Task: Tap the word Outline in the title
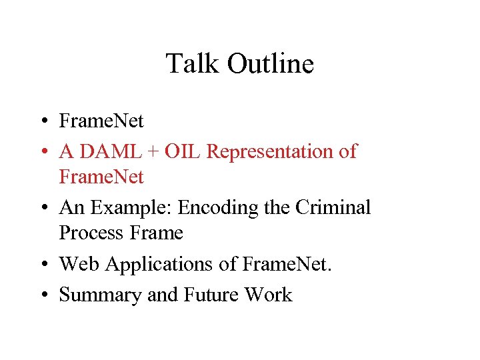point(270,64)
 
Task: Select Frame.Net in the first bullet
point(101,121)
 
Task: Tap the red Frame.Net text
point(101,177)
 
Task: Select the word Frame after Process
point(157,233)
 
